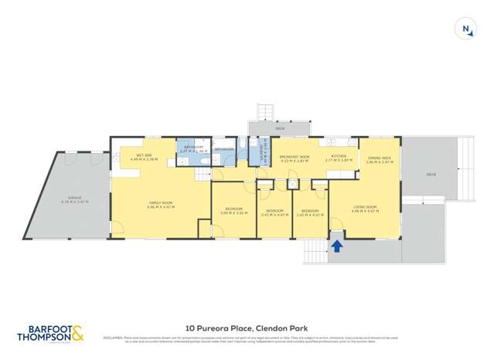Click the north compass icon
coord(467,29)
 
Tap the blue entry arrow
coord(337,246)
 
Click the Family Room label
coord(161,205)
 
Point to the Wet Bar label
coord(144,156)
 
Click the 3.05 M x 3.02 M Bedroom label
coord(233,210)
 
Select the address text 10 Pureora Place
coord(216,327)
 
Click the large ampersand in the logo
coord(78,333)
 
